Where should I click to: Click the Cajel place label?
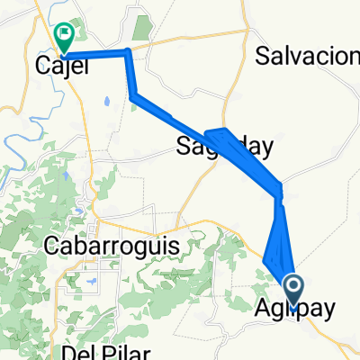(x=61, y=66)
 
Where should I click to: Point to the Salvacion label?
(x=307, y=57)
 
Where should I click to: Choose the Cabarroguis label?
(x=108, y=245)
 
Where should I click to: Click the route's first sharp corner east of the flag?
(x=129, y=52)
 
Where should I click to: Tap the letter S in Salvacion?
(x=262, y=57)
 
